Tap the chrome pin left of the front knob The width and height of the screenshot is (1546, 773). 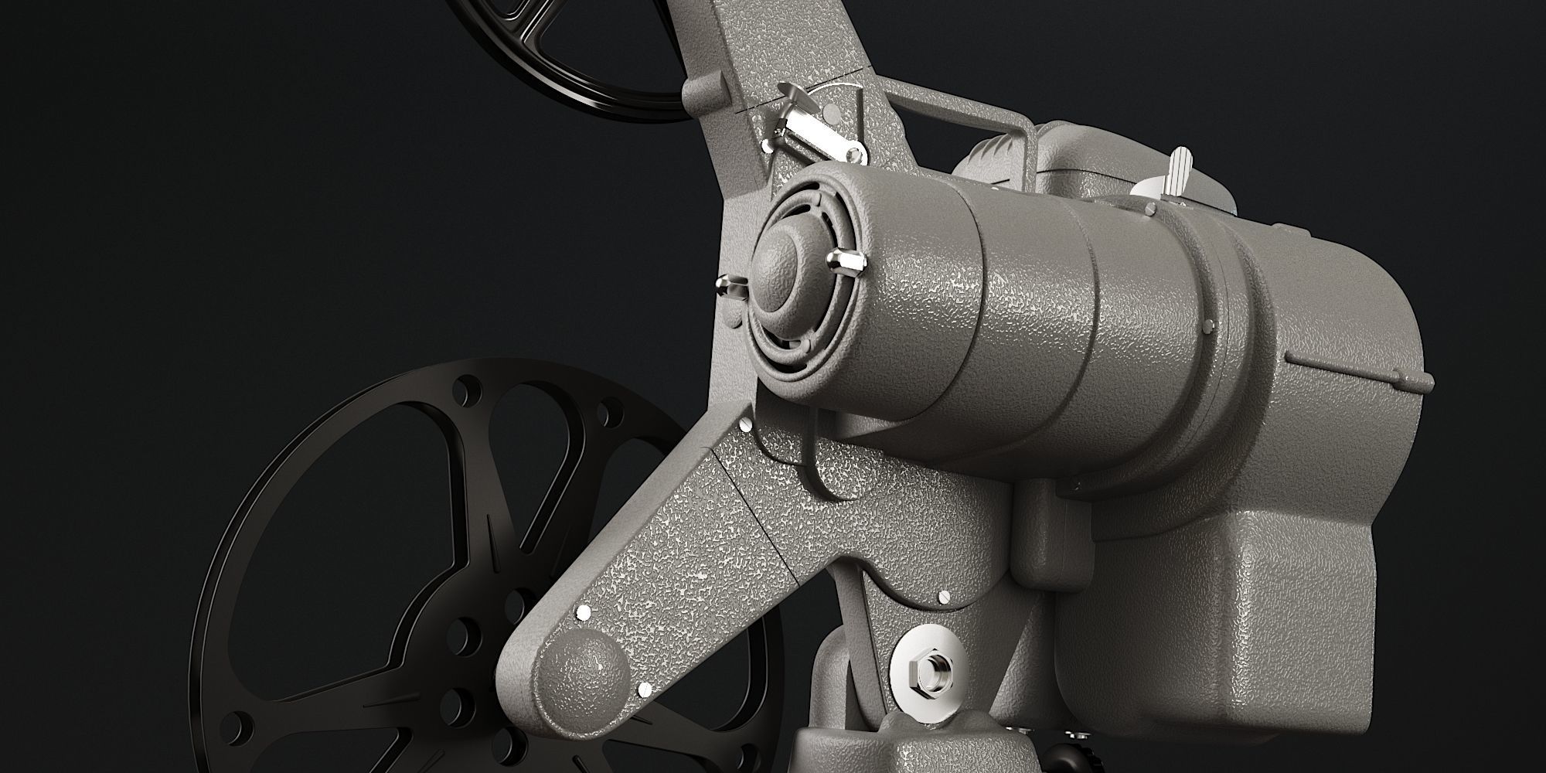pos(730,286)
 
